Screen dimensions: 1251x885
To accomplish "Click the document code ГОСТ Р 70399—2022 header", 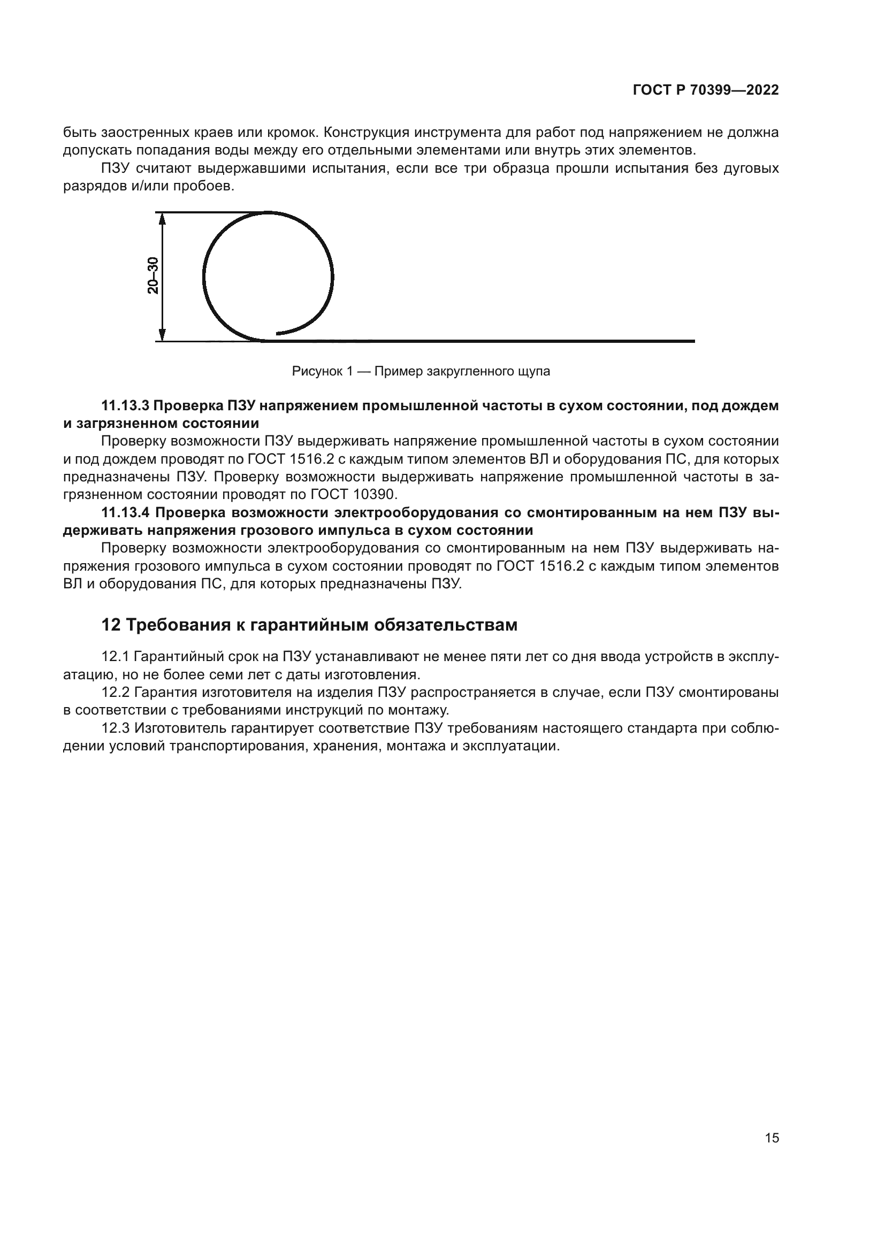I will point(706,90).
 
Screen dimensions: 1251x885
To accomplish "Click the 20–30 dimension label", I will point(153,275).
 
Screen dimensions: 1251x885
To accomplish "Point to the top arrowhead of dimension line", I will point(162,217).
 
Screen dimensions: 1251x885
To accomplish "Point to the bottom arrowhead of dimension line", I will point(162,336).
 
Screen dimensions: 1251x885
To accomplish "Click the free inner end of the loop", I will point(278,333).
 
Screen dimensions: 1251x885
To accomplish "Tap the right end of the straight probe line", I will point(693,341).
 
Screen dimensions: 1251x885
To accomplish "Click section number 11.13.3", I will point(125,405).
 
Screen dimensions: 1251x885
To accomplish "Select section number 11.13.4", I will point(125,513).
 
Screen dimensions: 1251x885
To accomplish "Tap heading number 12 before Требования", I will point(111,625).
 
